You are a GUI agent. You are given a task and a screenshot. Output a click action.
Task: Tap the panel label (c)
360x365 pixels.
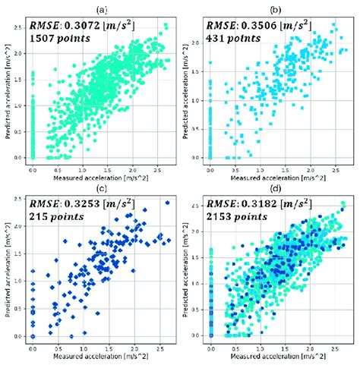102,187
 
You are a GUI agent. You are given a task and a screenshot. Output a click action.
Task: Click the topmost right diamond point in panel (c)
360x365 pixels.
167,203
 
